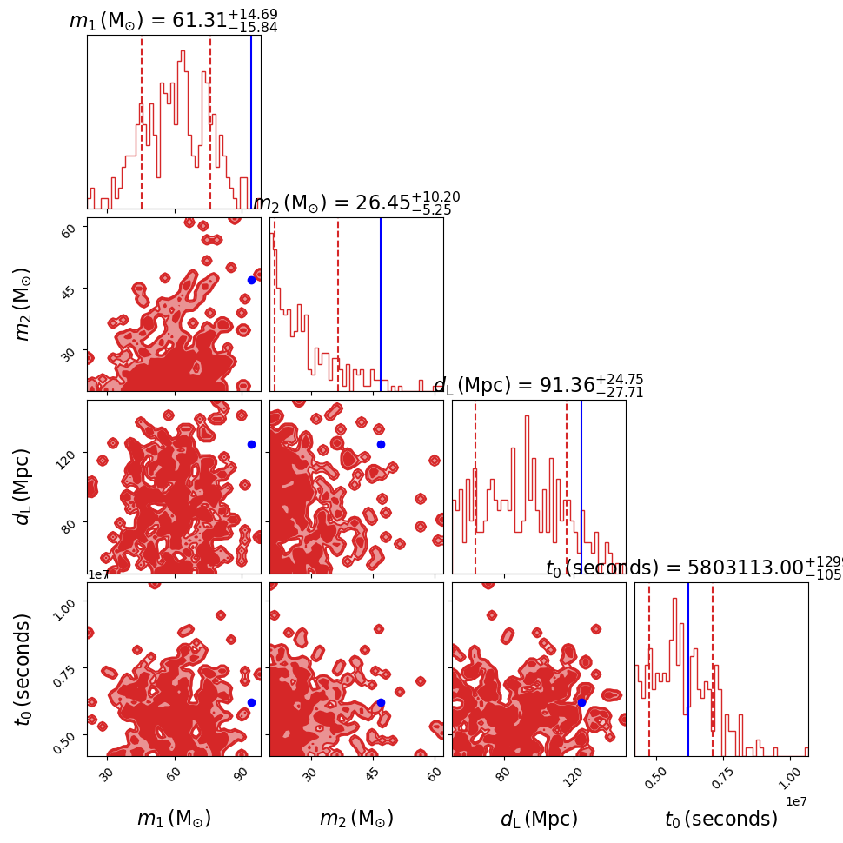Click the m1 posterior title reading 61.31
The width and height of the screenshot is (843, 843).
click(x=173, y=20)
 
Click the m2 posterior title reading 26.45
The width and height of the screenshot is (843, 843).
click(x=356, y=202)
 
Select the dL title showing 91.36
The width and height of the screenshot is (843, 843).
click(x=538, y=385)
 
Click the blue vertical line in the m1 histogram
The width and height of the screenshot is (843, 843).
click(x=251, y=122)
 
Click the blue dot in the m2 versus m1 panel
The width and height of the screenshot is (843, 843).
click(x=251, y=280)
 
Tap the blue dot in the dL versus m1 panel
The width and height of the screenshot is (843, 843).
click(x=251, y=444)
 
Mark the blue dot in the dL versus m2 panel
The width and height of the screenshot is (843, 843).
click(x=381, y=444)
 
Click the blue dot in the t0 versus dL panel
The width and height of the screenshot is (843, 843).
click(x=581, y=702)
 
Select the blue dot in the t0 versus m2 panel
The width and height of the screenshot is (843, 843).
click(x=381, y=702)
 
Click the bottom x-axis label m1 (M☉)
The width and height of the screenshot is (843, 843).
click(x=174, y=819)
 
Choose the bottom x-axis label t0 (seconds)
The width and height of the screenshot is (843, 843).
click(x=721, y=819)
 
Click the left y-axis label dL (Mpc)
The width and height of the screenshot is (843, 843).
click(x=23, y=487)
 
